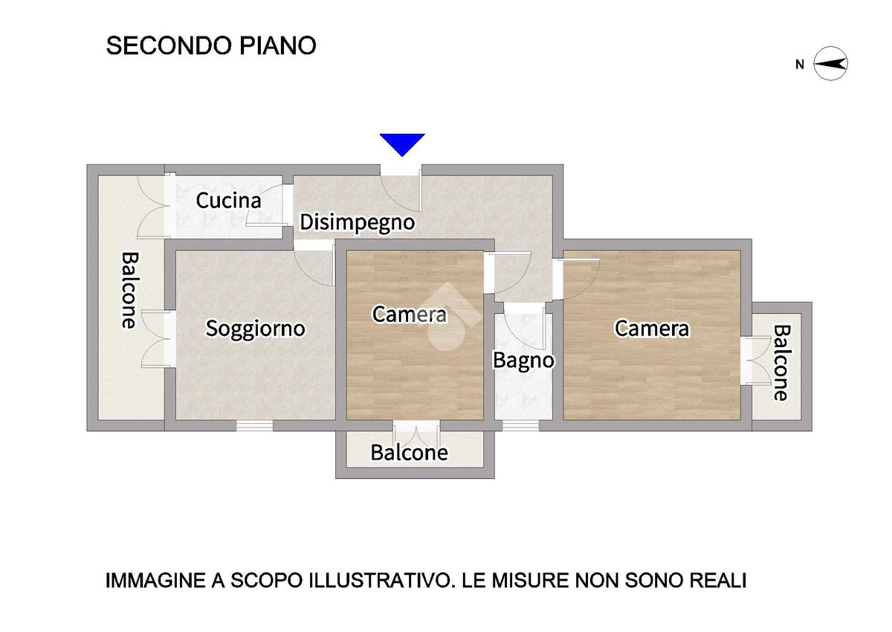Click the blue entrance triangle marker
(x=402, y=144)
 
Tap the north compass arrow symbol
(x=830, y=64)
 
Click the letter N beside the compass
(x=800, y=65)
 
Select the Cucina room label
(x=228, y=200)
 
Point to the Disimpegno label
(x=358, y=222)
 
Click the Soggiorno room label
(x=255, y=329)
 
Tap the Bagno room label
(x=523, y=361)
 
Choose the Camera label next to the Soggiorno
(x=410, y=315)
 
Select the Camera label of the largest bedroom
(x=652, y=329)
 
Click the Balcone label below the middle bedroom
(x=409, y=453)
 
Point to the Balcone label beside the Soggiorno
(x=130, y=290)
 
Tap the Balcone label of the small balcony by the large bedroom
(x=782, y=363)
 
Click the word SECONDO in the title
(x=169, y=45)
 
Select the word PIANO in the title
(x=277, y=45)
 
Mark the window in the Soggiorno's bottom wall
(x=254, y=426)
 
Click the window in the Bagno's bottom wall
(x=520, y=426)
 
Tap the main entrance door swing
(x=400, y=190)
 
